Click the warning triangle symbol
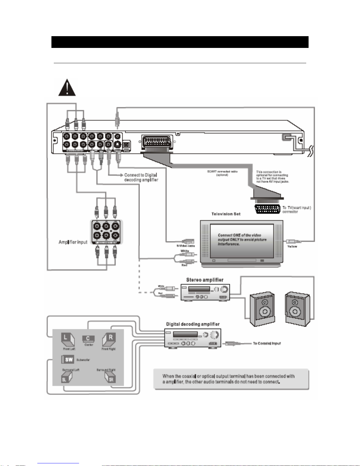[x=67, y=88]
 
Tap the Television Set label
[x=226, y=214]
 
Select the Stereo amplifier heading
[x=205, y=280]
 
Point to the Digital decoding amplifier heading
[x=193, y=324]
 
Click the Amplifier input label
[x=73, y=242]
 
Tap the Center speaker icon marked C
[x=88, y=339]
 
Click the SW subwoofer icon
[x=68, y=359]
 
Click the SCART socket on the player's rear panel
[x=157, y=143]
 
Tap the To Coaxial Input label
[x=267, y=343]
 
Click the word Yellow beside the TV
[x=292, y=246]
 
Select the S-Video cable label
[x=185, y=245]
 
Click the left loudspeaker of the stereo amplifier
[x=262, y=309]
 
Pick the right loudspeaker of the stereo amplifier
[x=297, y=309]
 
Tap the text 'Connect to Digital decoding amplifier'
[x=141, y=177]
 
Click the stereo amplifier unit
[x=205, y=292]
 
